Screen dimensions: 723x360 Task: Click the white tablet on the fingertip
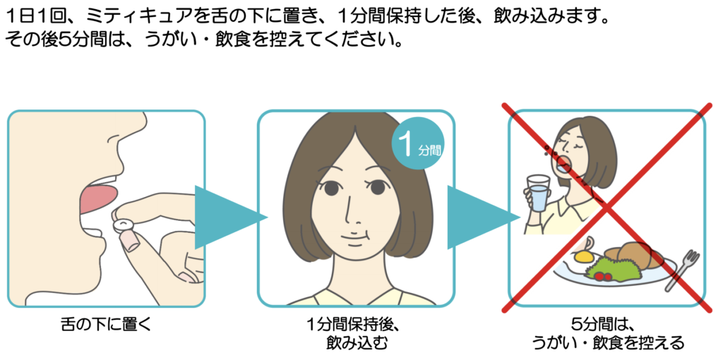pyautogui.click(x=124, y=224)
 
